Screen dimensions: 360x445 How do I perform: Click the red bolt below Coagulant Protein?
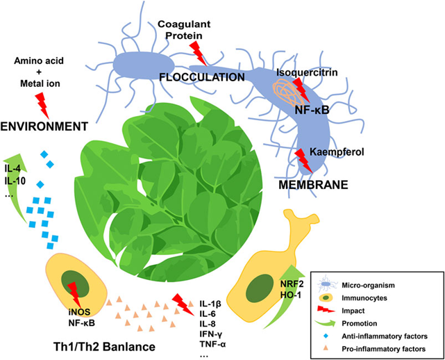coord(198,51)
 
